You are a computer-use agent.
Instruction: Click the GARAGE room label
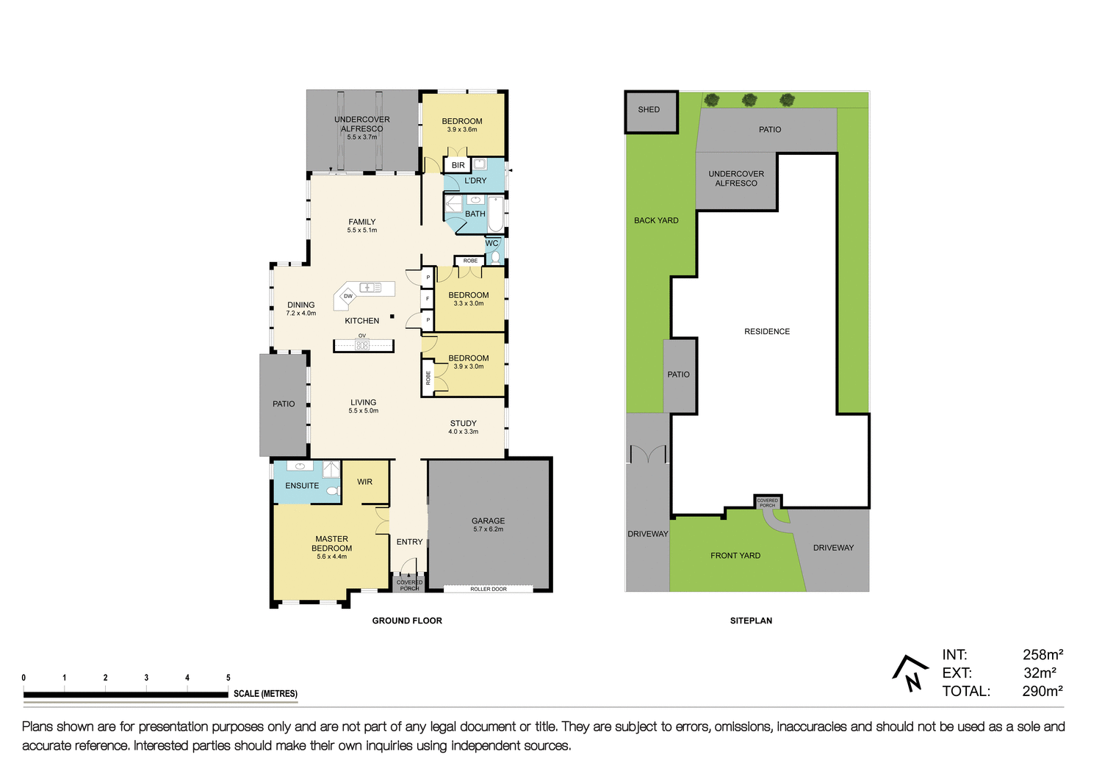488,521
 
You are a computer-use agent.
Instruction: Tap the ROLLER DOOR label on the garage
489,589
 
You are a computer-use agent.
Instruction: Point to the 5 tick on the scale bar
228,678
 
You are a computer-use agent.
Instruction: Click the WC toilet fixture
496,256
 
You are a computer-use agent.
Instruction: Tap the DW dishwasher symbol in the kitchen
348,296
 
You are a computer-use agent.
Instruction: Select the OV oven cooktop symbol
362,344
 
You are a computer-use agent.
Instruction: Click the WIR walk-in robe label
364,482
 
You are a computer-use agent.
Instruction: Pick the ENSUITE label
302,486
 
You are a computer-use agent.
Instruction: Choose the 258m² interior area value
1042,655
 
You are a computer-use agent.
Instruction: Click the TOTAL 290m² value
1042,692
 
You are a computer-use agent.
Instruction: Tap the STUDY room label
463,424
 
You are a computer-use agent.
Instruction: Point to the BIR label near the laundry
458,166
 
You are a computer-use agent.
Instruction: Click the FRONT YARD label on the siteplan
735,556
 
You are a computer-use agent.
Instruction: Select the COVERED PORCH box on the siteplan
768,502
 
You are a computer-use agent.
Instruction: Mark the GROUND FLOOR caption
407,621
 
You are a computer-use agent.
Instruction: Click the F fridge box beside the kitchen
428,299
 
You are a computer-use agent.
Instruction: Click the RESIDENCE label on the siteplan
767,332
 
